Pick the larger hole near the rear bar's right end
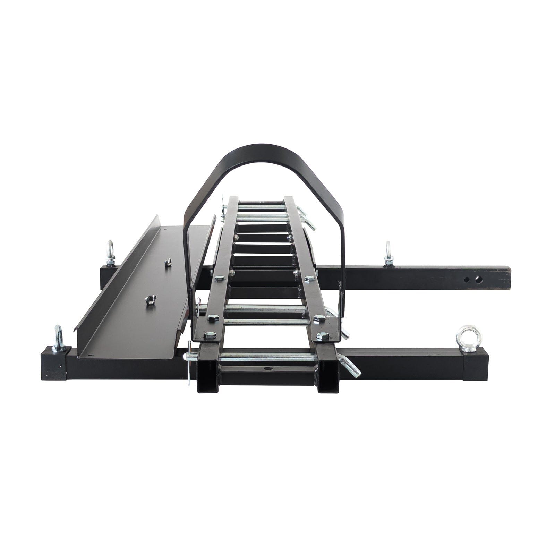(479, 279)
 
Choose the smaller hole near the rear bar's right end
(467, 279)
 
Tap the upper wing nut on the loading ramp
(168, 262)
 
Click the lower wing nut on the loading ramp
(150, 299)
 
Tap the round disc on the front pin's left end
(189, 362)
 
